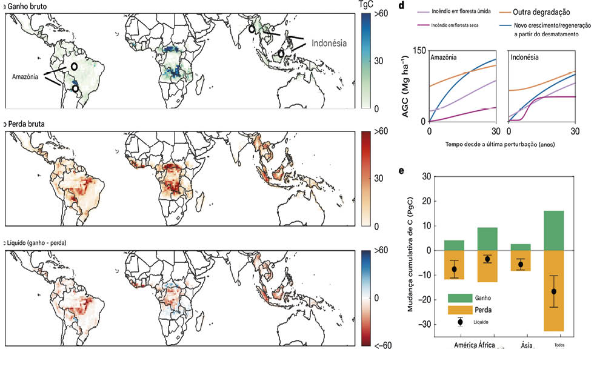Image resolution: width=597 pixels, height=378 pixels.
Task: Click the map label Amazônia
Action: click(x=26, y=78)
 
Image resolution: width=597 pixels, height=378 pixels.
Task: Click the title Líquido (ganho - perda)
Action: click(x=37, y=242)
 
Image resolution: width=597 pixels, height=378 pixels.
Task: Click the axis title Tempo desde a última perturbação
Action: click(x=500, y=145)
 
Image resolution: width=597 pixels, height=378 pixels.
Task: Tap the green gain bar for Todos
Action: click(x=554, y=231)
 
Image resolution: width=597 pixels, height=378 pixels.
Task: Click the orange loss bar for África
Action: click(x=487, y=266)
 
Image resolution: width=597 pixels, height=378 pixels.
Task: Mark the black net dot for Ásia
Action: click(x=521, y=264)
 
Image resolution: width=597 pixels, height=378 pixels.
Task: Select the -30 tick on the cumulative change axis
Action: click(x=428, y=324)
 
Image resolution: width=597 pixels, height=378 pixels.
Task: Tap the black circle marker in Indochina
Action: click(x=252, y=29)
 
